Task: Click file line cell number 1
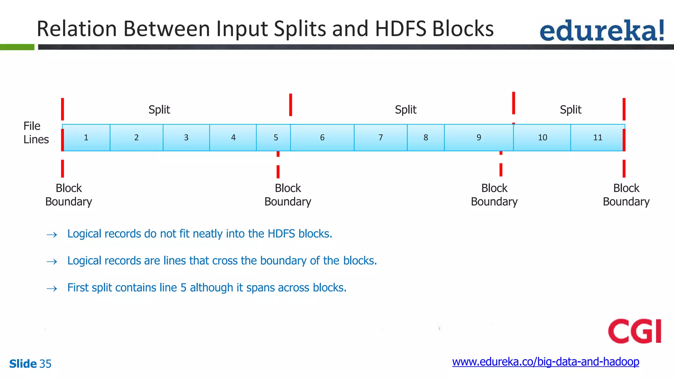86,138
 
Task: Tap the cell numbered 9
479,138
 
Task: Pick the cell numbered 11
597,138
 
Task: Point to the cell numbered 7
380,138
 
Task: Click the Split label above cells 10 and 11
570,110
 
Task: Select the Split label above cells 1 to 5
159,110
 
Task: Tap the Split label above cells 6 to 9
405,110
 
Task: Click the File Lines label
36,133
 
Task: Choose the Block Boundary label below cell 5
288,195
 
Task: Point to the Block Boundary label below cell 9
494,195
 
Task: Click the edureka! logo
602,31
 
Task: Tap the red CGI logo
635,331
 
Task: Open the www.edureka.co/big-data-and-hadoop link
545,362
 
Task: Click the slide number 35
45,364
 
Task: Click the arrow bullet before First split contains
52,289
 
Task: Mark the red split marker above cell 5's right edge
291,105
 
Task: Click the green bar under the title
17,47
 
